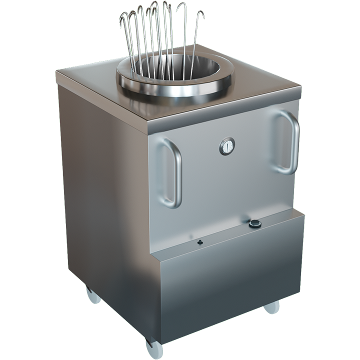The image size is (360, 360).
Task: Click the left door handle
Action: tap(172, 172)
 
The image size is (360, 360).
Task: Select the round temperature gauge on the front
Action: tap(227, 146)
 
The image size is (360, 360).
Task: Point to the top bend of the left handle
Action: tap(165, 140)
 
